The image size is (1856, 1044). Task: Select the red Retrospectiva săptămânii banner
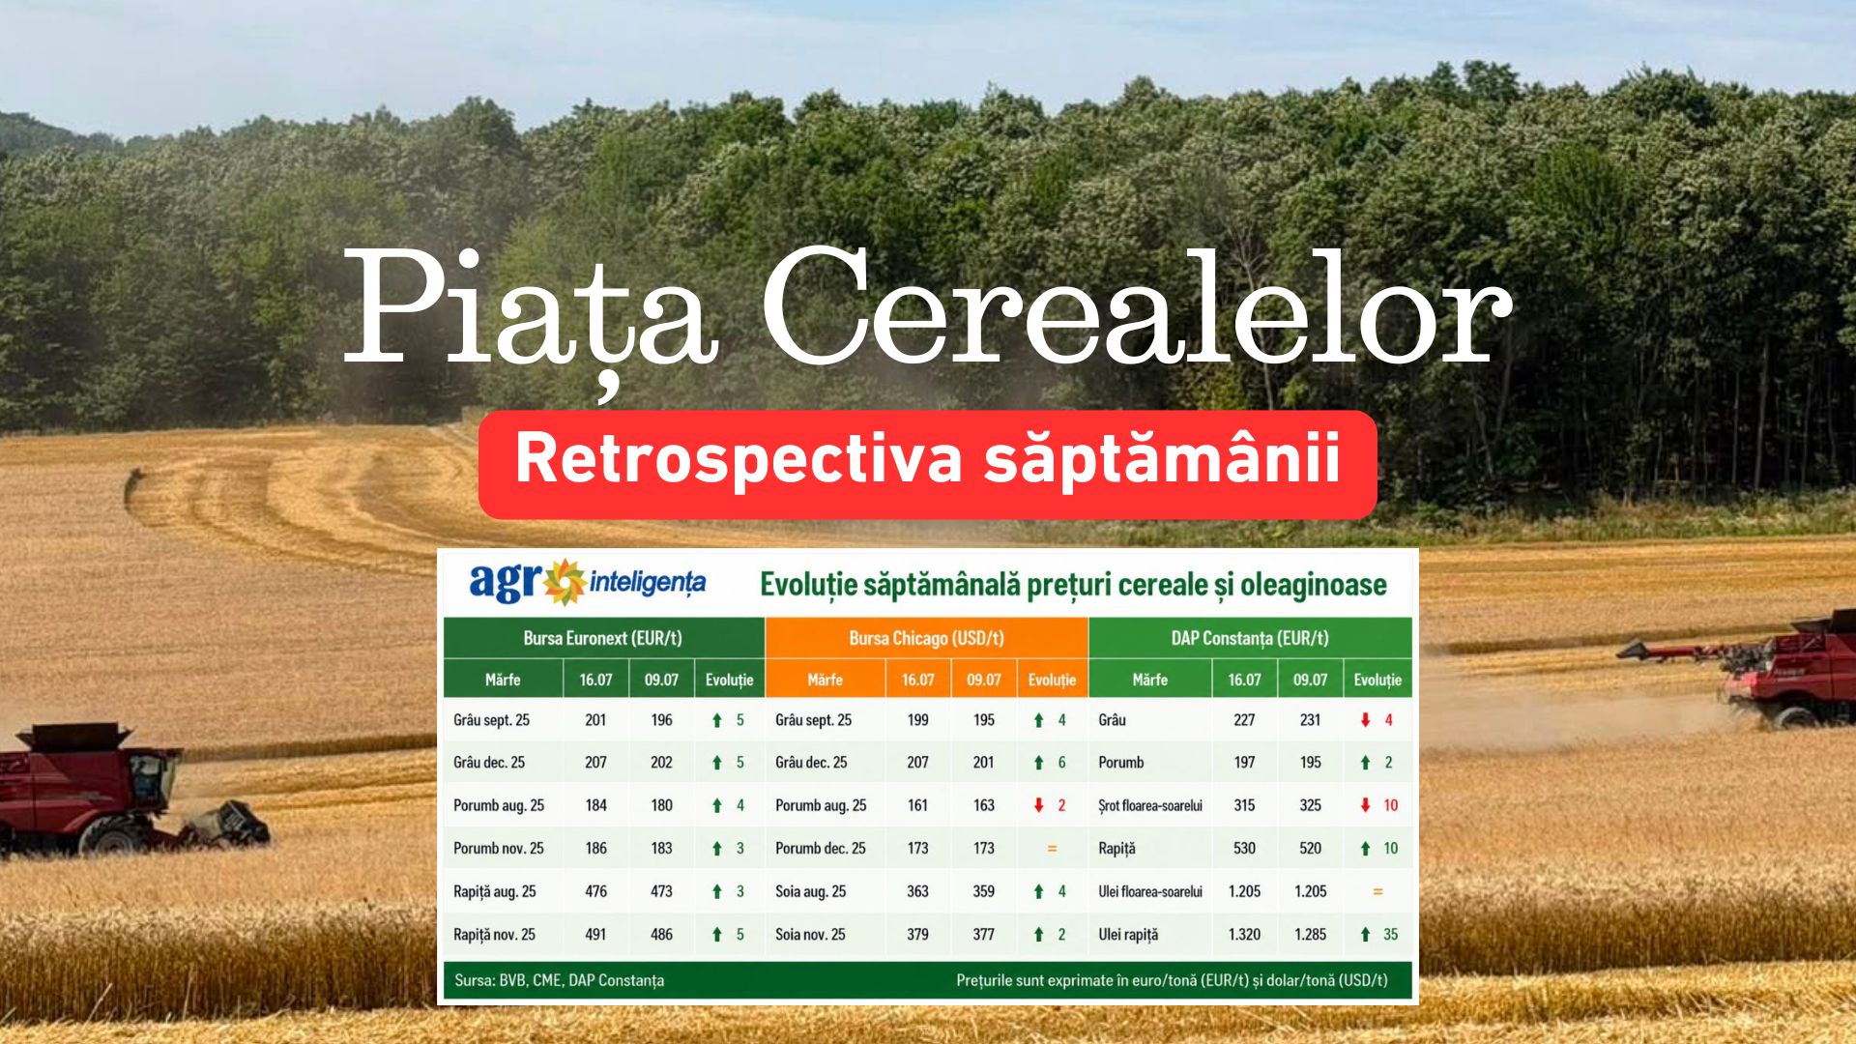(927, 464)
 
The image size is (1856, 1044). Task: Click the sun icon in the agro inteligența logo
(564, 581)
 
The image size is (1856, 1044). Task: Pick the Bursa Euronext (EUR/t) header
(602, 638)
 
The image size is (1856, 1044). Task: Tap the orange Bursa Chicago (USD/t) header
(926, 638)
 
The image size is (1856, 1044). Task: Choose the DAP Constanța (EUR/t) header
(1250, 638)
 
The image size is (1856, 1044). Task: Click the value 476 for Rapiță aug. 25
(595, 891)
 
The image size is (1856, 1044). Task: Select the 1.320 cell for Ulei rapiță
(1244, 934)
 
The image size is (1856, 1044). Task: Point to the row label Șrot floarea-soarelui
(1150, 805)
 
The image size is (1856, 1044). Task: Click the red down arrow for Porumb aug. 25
(1039, 805)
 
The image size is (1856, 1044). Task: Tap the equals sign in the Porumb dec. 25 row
(1052, 849)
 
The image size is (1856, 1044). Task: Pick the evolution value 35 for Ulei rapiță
(1390, 934)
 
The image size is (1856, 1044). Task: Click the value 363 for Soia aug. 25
(917, 891)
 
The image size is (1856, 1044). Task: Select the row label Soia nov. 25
(810, 934)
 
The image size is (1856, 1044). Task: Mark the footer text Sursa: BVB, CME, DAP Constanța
(559, 980)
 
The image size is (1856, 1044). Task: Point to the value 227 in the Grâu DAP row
(1244, 720)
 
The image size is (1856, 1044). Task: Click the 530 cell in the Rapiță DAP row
(1244, 849)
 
